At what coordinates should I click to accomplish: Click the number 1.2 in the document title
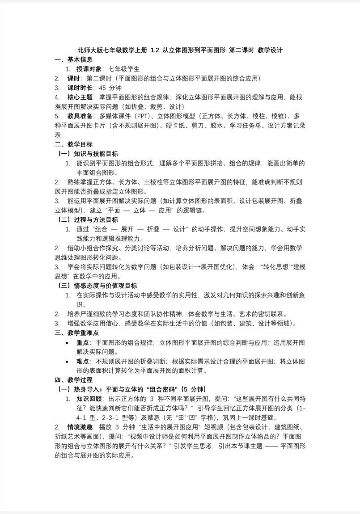(x=155, y=51)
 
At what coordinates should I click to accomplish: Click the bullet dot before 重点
(x=67, y=342)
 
